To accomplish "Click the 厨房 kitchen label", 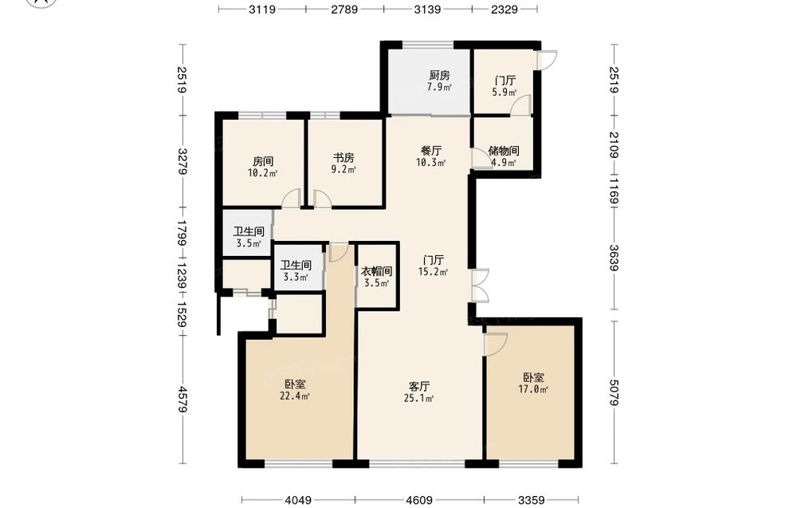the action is point(439,76).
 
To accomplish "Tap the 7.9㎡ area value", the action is point(439,87).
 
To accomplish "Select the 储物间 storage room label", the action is point(503,151).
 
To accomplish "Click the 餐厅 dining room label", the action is point(431,151).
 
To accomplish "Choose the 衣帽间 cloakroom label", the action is point(377,272).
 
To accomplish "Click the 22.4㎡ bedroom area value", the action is point(295,396).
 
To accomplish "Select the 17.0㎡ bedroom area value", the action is point(533,389).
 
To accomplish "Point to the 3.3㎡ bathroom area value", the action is point(296,278).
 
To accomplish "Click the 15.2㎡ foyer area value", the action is point(433,272).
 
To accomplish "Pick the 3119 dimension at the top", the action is point(262,9).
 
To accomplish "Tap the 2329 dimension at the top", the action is point(505,9).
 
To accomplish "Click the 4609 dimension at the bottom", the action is point(419,500).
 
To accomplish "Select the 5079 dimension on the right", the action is point(614,392).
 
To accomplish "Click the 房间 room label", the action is point(263,162).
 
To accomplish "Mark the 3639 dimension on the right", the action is point(614,258).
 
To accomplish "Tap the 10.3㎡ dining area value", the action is point(431,163).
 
